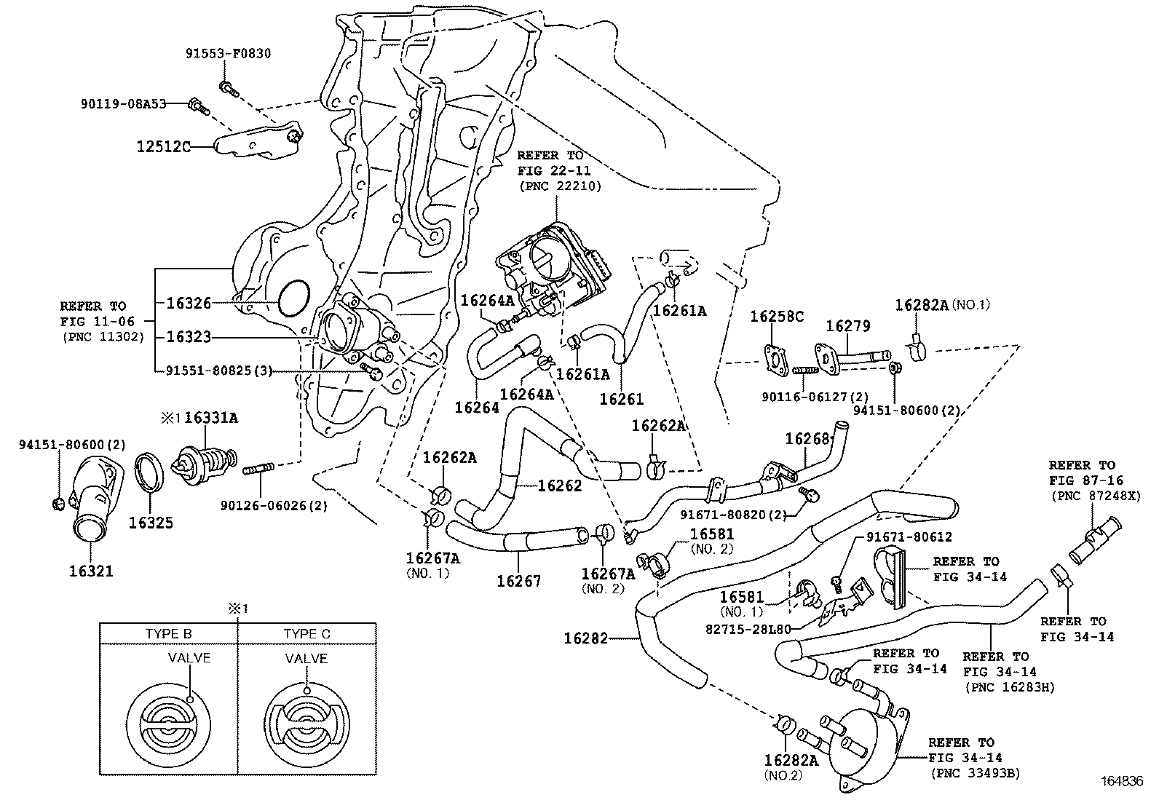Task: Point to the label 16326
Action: (189, 303)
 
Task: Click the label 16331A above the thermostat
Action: (211, 418)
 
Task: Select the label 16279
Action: (847, 327)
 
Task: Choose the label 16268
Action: (807, 439)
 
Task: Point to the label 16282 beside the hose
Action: (585, 639)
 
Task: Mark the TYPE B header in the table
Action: (168, 634)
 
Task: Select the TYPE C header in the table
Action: (306, 634)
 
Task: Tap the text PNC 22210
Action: (560, 186)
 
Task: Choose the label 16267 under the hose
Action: (519, 581)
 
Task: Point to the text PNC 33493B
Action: (975, 773)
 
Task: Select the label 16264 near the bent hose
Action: (477, 408)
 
